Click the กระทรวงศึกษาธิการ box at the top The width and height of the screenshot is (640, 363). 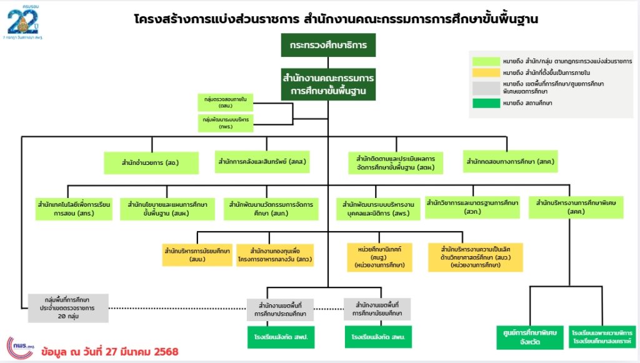pyautogui.click(x=328, y=46)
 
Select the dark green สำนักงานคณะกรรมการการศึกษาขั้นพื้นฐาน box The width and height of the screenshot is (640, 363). pyautogui.click(x=328, y=85)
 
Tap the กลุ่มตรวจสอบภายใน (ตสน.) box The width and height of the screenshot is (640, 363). pyautogui.click(x=222, y=102)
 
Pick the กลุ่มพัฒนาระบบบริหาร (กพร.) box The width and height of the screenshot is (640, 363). pyautogui.click(x=222, y=122)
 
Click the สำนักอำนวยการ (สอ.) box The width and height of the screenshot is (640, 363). pyautogui.click(x=151, y=163)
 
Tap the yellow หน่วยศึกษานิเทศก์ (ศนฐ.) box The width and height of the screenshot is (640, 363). pyautogui.click(x=380, y=256)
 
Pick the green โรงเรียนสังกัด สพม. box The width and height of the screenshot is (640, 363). pyautogui.click(x=377, y=337)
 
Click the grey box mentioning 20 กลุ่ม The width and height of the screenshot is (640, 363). pyautogui.click(x=68, y=308)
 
